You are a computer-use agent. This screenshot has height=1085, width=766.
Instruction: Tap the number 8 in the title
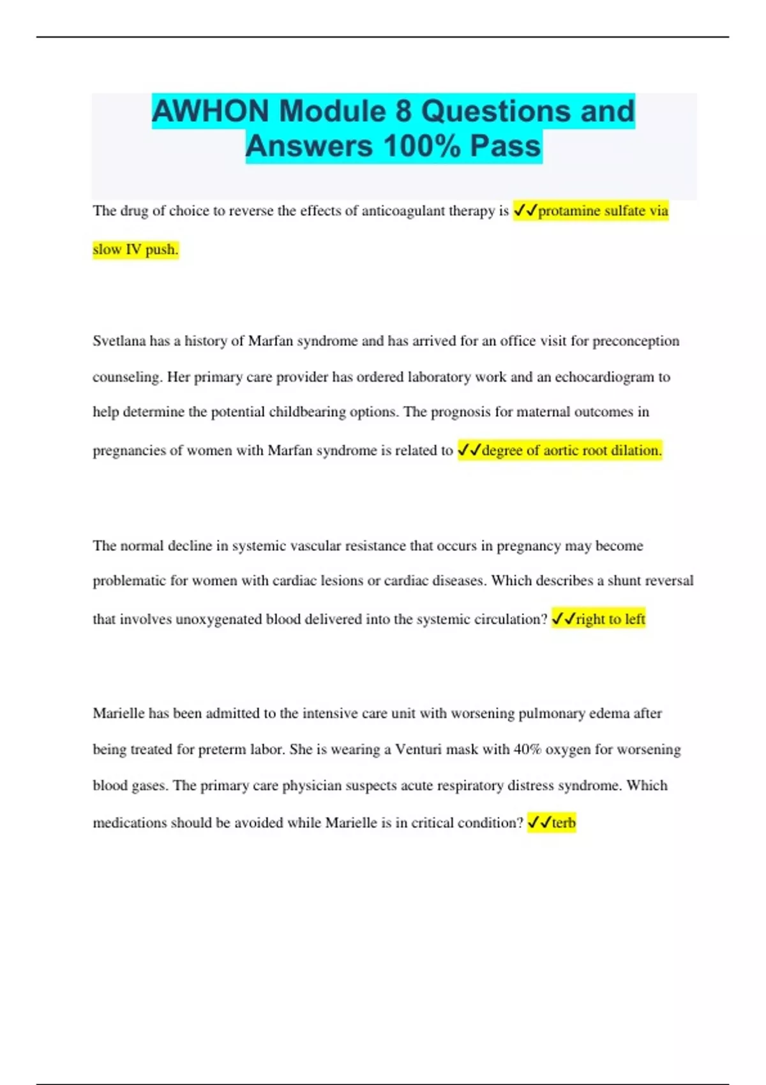pyautogui.click(x=403, y=111)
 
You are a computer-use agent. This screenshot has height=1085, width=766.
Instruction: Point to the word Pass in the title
pyautogui.click(x=506, y=146)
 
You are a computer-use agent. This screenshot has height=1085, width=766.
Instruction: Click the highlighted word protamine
pyautogui.click(x=569, y=211)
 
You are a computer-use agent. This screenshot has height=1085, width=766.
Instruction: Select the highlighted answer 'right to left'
pyautogui.click(x=610, y=619)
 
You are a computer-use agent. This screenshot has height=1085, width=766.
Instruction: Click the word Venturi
pyautogui.click(x=418, y=749)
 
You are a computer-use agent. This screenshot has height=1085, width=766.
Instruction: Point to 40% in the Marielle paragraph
pyautogui.click(x=527, y=749)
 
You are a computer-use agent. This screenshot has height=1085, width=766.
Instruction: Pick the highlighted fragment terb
pyautogui.click(x=564, y=823)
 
